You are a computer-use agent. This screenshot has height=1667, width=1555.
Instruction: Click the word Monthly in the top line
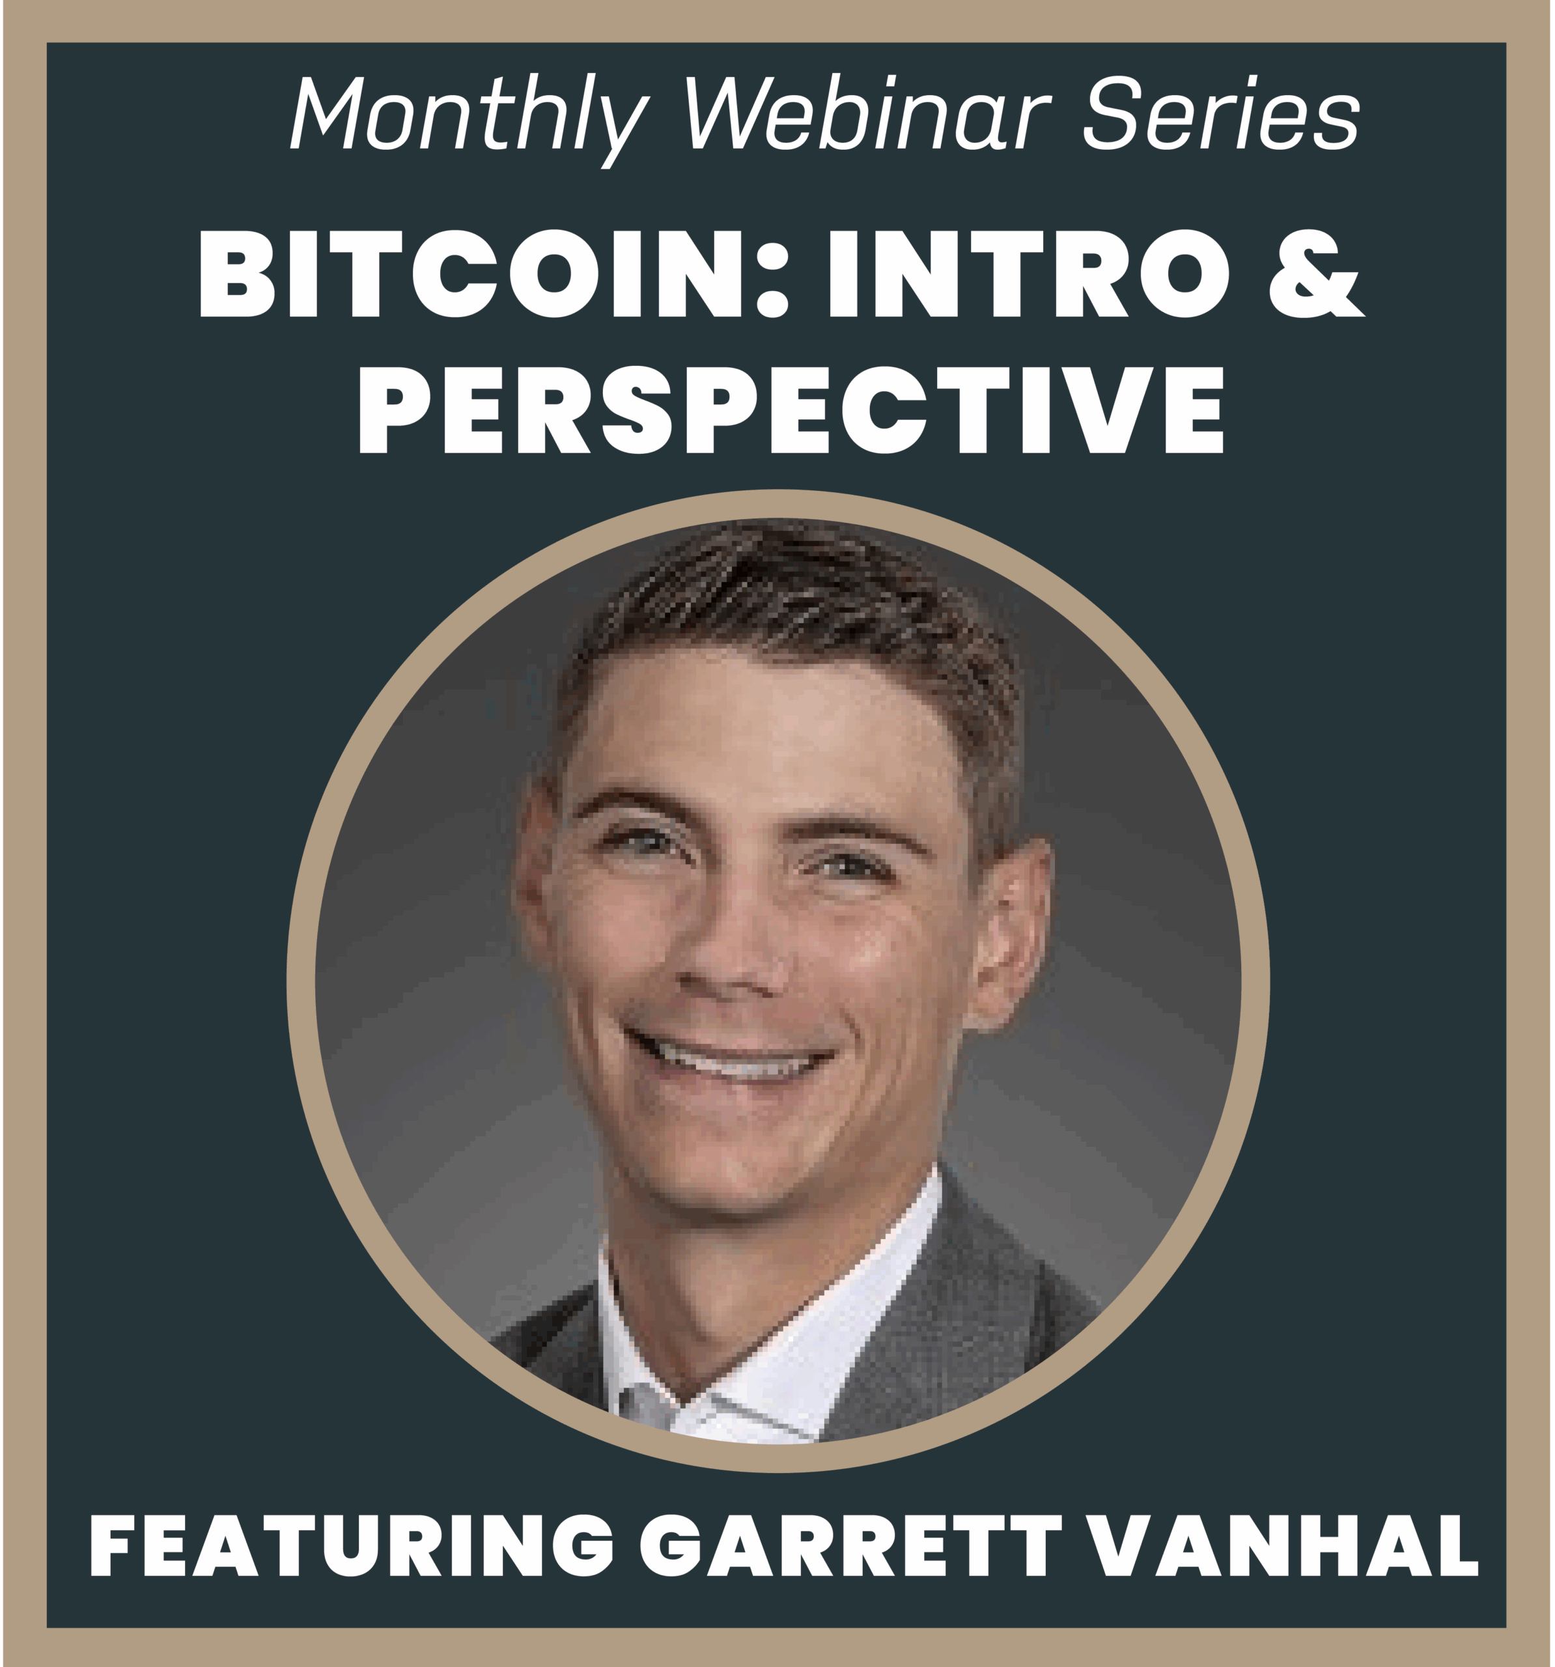pos(469,117)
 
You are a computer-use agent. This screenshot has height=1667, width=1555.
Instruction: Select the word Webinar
pos(867,113)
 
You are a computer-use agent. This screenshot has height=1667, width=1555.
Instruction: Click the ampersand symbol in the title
pos(1316,274)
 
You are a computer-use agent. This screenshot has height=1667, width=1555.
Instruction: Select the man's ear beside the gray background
pos(1007,931)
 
